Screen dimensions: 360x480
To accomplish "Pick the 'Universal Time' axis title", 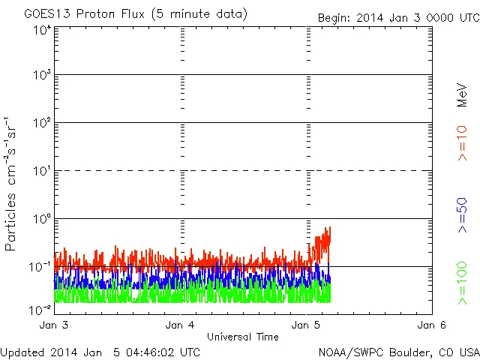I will pyautogui.click(x=243, y=337).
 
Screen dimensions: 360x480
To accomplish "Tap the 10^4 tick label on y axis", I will pyautogui.click(x=41, y=31).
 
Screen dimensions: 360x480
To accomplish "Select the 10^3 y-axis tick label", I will pyautogui.click(x=41, y=76).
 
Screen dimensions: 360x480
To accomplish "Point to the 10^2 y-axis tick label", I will pyautogui.click(x=41, y=123).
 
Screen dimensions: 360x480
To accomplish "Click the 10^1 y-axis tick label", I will pyautogui.click(x=41, y=171).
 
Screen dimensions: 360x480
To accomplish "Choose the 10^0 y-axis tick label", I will pyautogui.click(x=41, y=219).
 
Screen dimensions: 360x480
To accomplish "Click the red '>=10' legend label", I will pyautogui.click(x=463, y=143).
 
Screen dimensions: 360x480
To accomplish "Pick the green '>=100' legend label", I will pyautogui.click(x=463, y=283).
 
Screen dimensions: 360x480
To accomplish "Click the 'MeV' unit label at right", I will pyautogui.click(x=463, y=94).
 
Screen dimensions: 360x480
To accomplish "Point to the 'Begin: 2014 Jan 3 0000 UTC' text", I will pyautogui.click(x=397, y=16).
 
